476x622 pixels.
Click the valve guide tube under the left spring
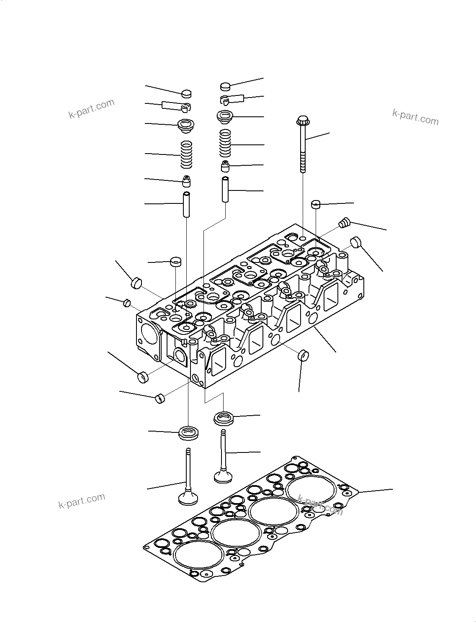[186, 204]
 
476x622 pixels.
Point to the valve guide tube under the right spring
[226, 190]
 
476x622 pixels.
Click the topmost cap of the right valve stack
[226, 87]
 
